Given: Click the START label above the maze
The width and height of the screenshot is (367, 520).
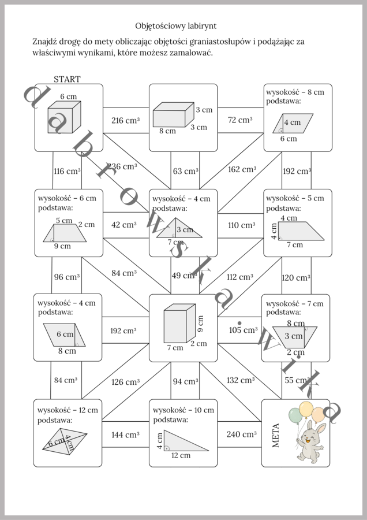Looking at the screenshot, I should point(67,79).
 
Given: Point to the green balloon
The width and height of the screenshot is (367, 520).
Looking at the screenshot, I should point(295,414).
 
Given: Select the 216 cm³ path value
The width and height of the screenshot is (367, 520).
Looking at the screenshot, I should point(125,121).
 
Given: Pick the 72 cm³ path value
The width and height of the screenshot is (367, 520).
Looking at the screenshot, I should point(240,120).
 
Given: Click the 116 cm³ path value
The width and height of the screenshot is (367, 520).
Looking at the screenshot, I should point(67,171).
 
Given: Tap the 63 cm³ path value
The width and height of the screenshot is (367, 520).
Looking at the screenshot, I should point(185,171).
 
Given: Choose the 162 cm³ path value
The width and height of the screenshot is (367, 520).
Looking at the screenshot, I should point(242,169).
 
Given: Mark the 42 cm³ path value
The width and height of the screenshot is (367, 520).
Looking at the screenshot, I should point(124,225).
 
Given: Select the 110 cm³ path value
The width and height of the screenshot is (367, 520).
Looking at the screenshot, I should point(241,225).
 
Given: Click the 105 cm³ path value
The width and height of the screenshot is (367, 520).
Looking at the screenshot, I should point(243,330).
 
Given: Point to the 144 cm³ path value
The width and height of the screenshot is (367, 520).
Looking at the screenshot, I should point(125,434).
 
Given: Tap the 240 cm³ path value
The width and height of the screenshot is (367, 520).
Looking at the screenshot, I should point(241,434).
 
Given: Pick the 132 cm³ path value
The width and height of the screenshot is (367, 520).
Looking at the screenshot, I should point(241,380).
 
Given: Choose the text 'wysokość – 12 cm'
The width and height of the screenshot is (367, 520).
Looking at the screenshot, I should point(68,410).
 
